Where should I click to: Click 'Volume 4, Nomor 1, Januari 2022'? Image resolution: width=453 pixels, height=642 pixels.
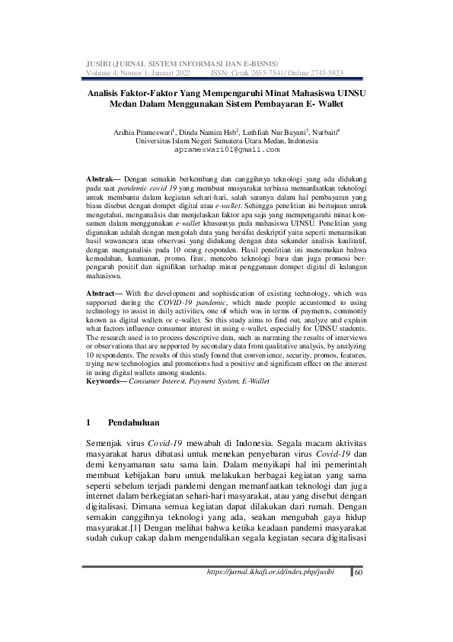tap(139, 72)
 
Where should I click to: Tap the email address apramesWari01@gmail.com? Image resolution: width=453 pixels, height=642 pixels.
tap(227, 151)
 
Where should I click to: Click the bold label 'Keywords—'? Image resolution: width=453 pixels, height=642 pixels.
tap(107, 379)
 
